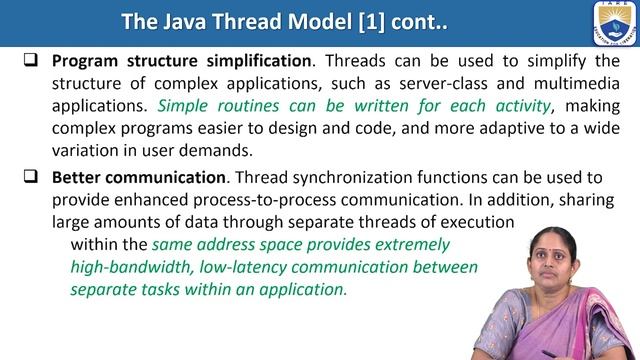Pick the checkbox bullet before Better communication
32,178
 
